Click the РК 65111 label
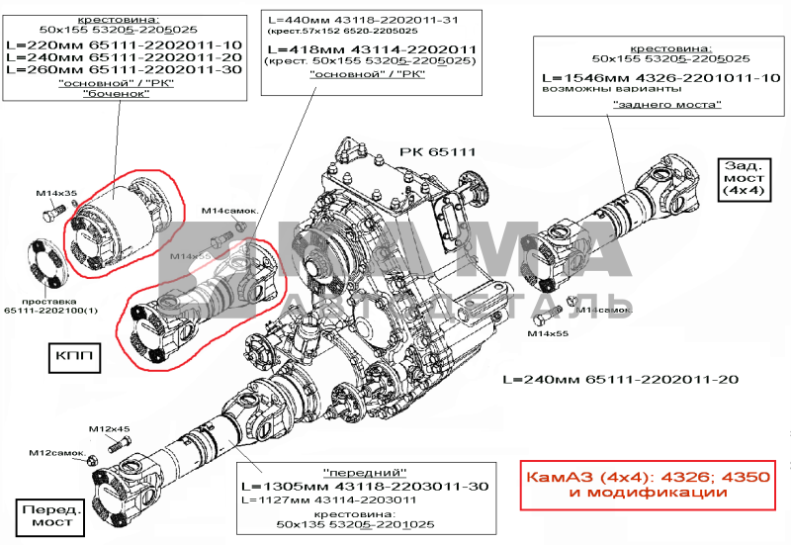(x=438, y=152)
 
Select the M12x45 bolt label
(x=110, y=429)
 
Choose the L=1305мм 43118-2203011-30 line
(x=366, y=487)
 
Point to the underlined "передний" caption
(x=365, y=472)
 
